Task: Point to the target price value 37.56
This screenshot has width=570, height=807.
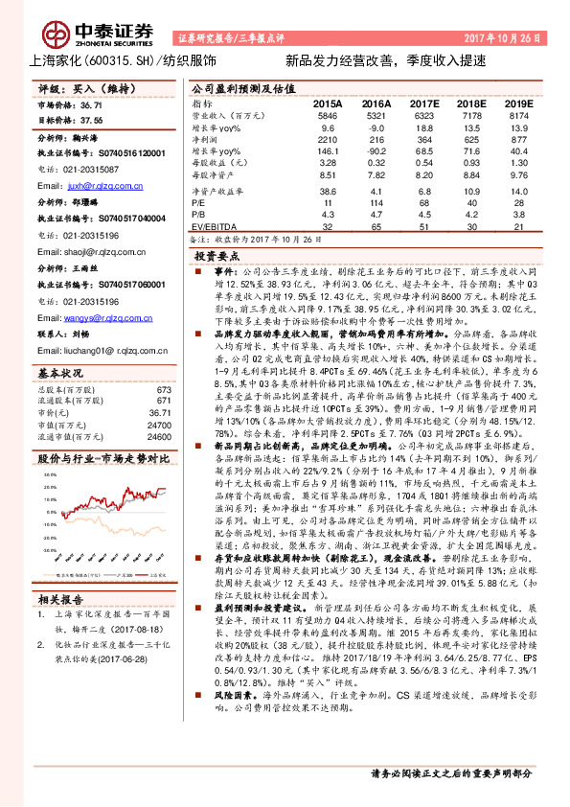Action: (x=93, y=122)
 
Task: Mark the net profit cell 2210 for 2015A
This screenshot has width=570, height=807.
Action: (x=326, y=138)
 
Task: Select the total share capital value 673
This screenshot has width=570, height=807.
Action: (x=163, y=389)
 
